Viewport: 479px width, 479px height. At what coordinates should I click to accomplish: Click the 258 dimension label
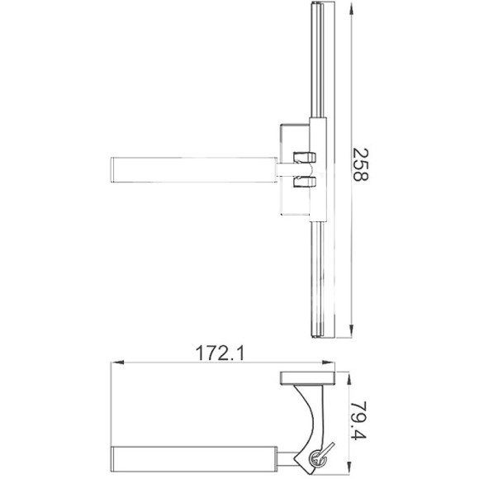361,164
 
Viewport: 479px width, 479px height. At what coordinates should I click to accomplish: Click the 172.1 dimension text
220,353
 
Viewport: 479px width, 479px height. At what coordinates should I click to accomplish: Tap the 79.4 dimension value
358,420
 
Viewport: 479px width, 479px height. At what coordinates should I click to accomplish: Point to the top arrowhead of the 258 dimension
351,8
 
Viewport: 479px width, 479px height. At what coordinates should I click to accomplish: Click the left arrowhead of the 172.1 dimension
117,363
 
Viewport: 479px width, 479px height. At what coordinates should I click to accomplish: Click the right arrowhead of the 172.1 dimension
328,363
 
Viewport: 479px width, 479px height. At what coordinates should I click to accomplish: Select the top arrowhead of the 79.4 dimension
349,378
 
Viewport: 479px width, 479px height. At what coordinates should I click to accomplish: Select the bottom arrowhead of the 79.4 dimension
349,468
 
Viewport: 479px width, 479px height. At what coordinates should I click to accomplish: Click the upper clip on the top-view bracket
304,157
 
